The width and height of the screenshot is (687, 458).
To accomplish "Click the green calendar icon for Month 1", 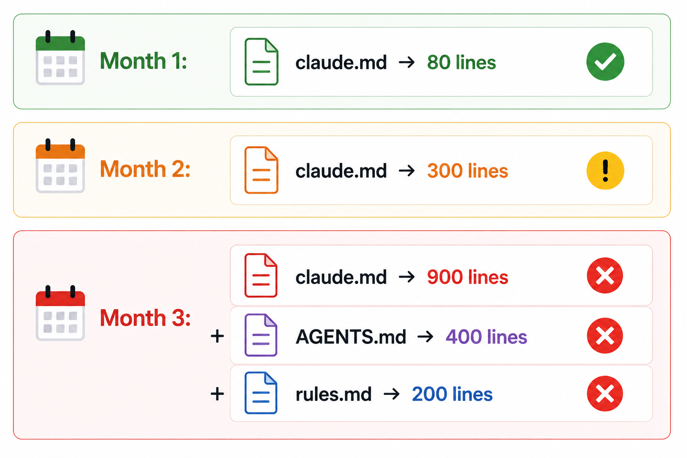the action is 60,58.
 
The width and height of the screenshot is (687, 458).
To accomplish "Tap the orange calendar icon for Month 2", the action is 60,166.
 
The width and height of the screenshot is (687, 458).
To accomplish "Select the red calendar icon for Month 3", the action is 60,313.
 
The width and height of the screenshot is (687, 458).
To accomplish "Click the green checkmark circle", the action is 605,62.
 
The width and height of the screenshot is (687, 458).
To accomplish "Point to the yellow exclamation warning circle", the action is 605,170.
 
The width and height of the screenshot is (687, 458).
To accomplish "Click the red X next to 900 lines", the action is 605,276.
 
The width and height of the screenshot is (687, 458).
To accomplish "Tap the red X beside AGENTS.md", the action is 605,335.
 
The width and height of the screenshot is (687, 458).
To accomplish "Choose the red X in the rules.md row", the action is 605,394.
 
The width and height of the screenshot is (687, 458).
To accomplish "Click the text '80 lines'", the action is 461,62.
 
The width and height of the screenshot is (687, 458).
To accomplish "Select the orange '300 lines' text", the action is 467,170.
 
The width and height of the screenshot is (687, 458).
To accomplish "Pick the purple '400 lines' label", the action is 486,337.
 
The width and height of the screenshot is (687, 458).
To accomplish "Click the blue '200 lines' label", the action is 452,394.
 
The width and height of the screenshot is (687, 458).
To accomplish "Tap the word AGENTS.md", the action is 351,337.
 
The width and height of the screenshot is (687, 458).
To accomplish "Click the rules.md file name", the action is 333,394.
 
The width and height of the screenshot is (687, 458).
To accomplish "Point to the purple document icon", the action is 261,335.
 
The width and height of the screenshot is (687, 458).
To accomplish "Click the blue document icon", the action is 261,393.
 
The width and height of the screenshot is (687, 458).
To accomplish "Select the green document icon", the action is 261,62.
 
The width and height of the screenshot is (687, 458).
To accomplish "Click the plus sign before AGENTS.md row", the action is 217,336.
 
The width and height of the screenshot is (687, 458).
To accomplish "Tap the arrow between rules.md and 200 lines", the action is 392,394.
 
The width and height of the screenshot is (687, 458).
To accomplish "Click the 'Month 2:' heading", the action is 145,169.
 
